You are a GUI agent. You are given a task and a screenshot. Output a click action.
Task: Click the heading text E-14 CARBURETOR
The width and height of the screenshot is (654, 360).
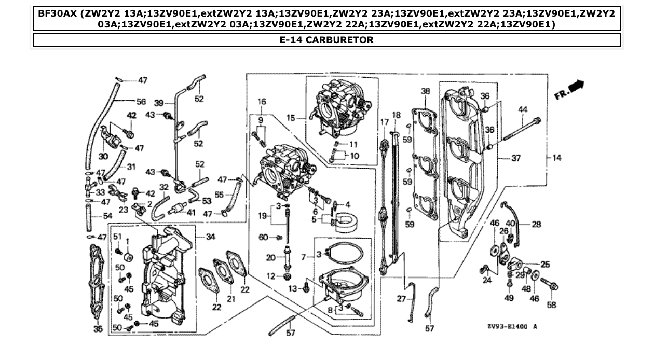[x=326, y=40]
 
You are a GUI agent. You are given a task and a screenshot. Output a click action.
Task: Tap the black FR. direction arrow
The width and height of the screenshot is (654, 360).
[x=576, y=85]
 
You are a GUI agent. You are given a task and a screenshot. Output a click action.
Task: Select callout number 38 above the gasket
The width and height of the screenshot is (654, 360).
[x=426, y=91]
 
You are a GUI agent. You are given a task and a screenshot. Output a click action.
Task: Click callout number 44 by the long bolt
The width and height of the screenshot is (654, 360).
[x=523, y=109]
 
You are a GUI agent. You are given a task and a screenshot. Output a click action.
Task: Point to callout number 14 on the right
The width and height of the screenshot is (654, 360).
[x=557, y=158]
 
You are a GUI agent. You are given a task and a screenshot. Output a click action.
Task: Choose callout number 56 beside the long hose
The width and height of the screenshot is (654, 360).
[x=141, y=102]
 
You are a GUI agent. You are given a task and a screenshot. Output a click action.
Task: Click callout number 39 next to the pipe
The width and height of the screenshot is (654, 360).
[x=158, y=102]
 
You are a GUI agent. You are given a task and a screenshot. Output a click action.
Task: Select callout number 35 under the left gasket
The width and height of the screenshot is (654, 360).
[x=98, y=329]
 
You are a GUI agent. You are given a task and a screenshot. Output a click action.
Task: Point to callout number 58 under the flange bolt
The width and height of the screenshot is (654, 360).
[x=551, y=305]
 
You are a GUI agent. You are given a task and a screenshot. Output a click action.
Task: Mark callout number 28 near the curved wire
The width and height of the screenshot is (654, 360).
[x=536, y=224]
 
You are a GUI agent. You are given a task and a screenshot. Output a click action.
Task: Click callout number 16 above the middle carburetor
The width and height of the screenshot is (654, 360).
[x=262, y=101]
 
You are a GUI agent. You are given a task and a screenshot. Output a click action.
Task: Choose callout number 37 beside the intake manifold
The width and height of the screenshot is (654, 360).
[x=515, y=158]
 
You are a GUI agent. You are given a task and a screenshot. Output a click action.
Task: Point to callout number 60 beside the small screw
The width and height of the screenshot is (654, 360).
[x=264, y=238]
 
